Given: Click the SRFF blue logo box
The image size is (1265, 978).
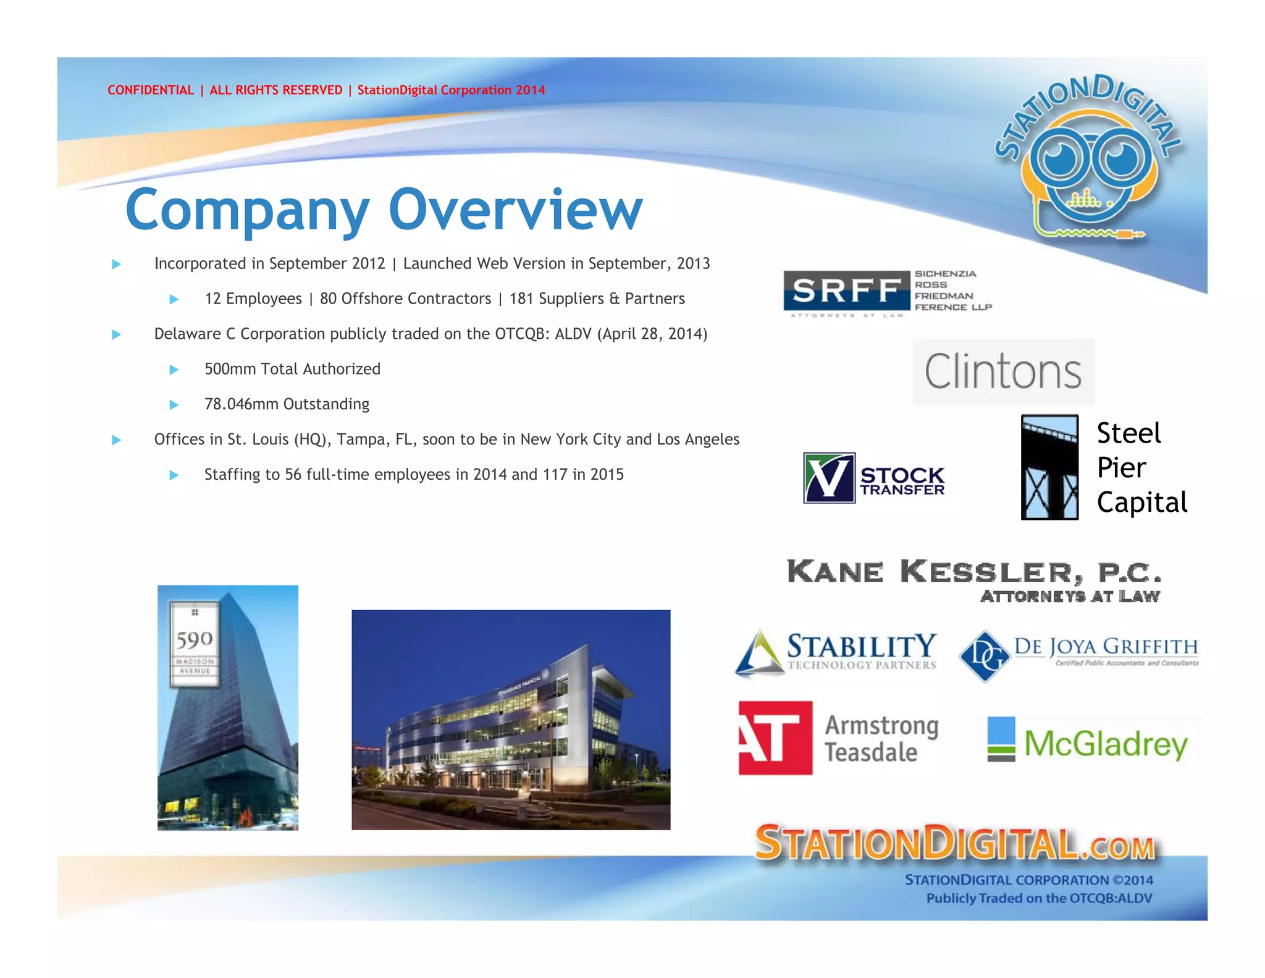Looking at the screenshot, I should point(846,290).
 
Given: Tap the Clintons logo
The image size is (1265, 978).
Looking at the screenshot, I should point(1003,372).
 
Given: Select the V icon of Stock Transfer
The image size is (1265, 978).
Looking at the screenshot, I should point(829,477).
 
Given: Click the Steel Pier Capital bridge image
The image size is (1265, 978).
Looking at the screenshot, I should point(1049,467).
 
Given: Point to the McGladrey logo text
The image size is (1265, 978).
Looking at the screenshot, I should point(1106,744).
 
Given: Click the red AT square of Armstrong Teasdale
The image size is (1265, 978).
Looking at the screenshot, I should point(775,738).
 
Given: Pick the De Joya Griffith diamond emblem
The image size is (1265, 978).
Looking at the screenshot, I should point(984,656).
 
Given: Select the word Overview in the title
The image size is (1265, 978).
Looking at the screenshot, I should point(515,210).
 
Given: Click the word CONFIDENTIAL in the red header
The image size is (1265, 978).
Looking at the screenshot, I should point(151,90).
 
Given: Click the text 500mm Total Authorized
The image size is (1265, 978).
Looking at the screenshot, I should point(292,369).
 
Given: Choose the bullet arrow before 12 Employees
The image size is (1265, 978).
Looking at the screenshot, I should point(174,299).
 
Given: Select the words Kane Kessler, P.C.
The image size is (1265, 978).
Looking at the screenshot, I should point(973,572).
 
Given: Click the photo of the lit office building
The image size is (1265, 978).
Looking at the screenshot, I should point(511,720).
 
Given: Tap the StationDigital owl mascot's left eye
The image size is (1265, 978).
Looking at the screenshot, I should point(1062,158).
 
